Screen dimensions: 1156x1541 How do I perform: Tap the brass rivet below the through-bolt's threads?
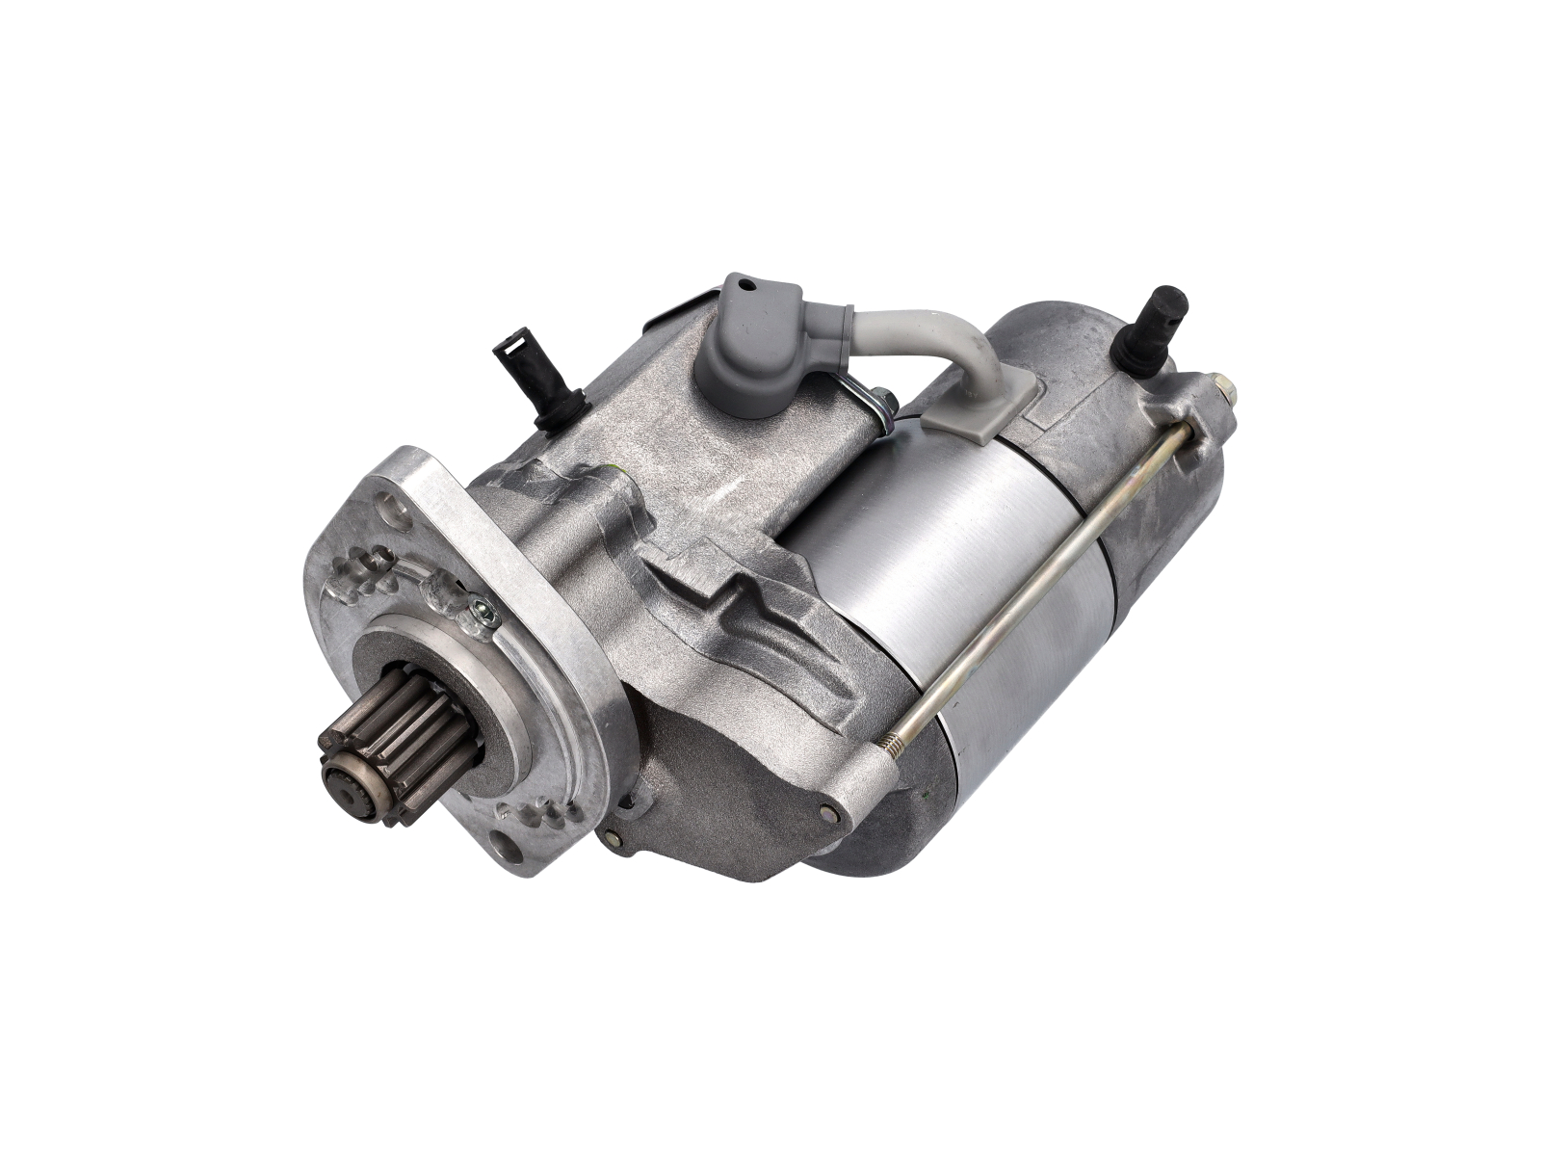(x=827, y=810)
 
